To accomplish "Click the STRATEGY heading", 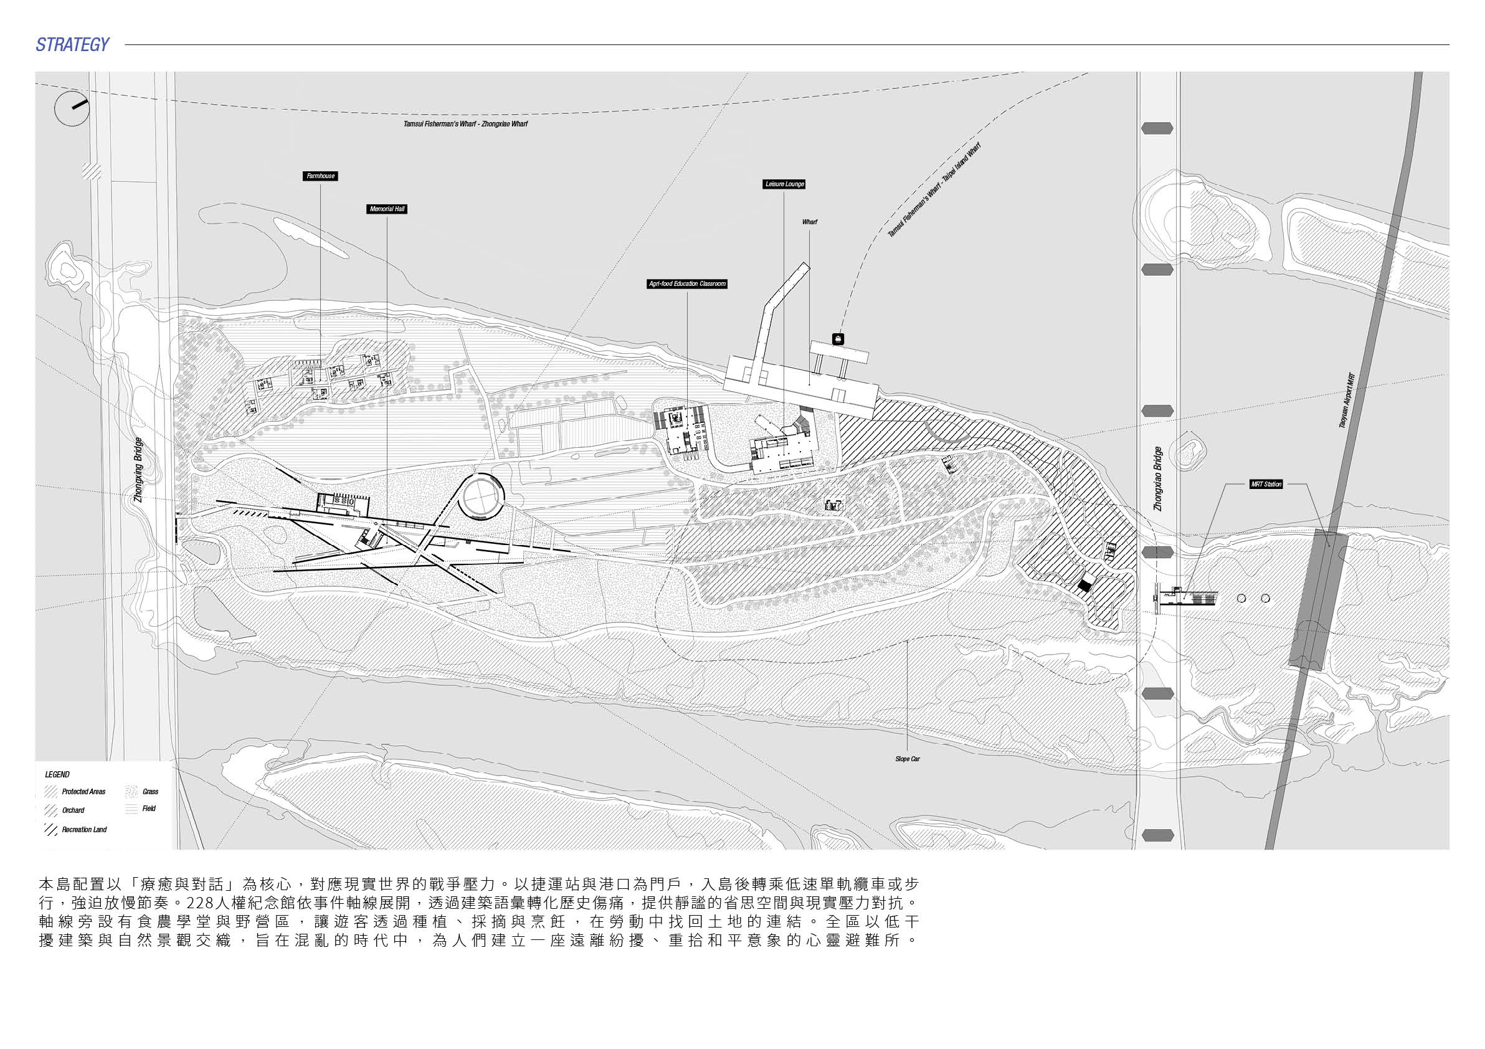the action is (72, 45).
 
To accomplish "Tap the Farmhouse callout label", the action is (321, 176).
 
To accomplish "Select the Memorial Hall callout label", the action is (387, 209).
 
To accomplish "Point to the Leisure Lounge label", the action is (784, 184).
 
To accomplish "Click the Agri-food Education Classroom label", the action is (688, 284).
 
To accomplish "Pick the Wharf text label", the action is (810, 222).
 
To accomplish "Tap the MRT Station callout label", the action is (1266, 484).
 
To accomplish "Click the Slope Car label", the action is (908, 759).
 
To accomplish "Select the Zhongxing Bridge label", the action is (138, 470).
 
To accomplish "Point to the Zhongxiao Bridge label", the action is (1158, 478).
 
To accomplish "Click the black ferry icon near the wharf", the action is (838, 338).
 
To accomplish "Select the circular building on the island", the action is (483, 496).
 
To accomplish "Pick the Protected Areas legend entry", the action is (75, 792).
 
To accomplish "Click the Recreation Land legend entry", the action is (75, 830).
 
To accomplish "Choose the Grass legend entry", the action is (142, 792).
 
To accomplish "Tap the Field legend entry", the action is (141, 809).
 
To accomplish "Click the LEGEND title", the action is (57, 774).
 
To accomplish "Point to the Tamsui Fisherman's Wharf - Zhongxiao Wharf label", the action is (466, 123).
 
